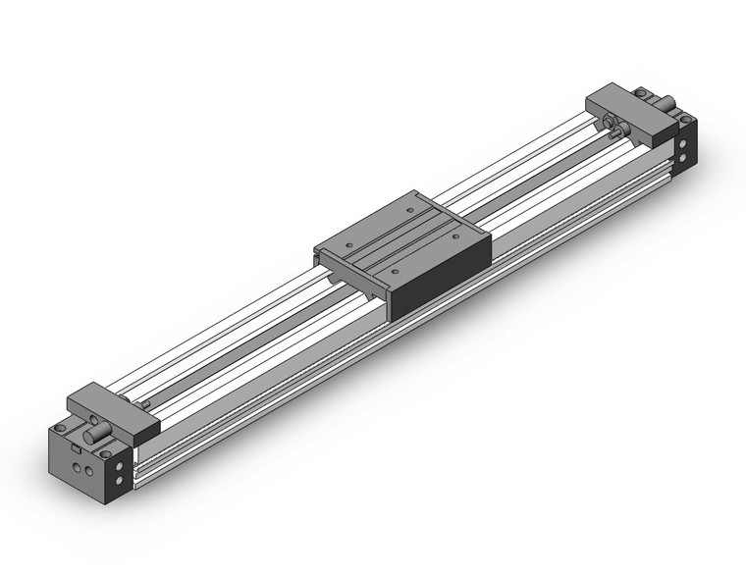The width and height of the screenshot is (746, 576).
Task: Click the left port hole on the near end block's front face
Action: coord(77,471)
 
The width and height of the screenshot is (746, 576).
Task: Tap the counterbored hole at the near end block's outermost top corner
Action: coord(60,429)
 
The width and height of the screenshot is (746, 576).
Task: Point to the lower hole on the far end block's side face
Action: coord(685,155)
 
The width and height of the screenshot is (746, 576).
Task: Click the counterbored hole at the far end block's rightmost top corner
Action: coord(686,118)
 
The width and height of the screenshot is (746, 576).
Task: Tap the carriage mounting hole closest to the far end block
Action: coord(407,208)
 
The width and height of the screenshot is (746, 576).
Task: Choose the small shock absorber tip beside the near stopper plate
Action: coord(144,403)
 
